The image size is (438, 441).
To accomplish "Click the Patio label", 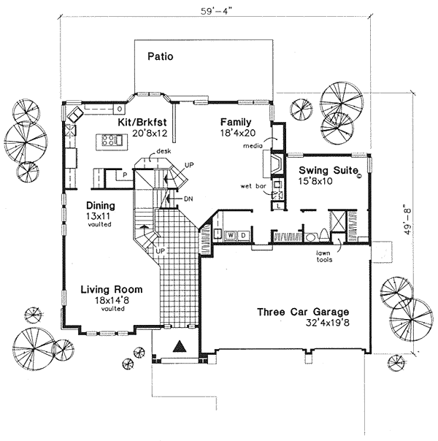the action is [x=161, y=56].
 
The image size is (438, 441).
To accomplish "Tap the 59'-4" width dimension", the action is [x=217, y=11].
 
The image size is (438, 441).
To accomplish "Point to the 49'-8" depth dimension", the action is [x=407, y=219].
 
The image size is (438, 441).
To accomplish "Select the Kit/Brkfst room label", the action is [x=142, y=123].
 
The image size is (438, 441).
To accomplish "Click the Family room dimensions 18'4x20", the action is [x=238, y=133].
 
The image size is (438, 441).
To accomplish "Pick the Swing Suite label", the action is [x=328, y=170].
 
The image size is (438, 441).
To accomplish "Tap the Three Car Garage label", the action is [x=303, y=312].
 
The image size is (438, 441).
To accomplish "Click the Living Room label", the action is [x=112, y=289].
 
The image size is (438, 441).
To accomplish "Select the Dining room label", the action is [x=100, y=206].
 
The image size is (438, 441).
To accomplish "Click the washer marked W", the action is [x=231, y=235].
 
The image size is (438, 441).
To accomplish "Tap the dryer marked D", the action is [x=244, y=235].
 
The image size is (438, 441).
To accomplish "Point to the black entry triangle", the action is [x=180, y=346].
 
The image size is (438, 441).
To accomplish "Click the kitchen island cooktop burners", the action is [x=108, y=140].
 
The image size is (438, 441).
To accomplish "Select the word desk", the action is [x=164, y=152].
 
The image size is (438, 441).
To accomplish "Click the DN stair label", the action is [x=188, y=199].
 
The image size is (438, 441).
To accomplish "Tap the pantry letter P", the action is [x=125, y=175].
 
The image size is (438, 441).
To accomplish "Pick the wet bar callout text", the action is [x=253, y=186].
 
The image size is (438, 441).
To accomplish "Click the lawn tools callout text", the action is [x=324, y=256].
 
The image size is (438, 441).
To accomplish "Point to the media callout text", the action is [x=253, y=146].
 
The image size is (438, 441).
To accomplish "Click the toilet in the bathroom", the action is [x=323, y=235].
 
